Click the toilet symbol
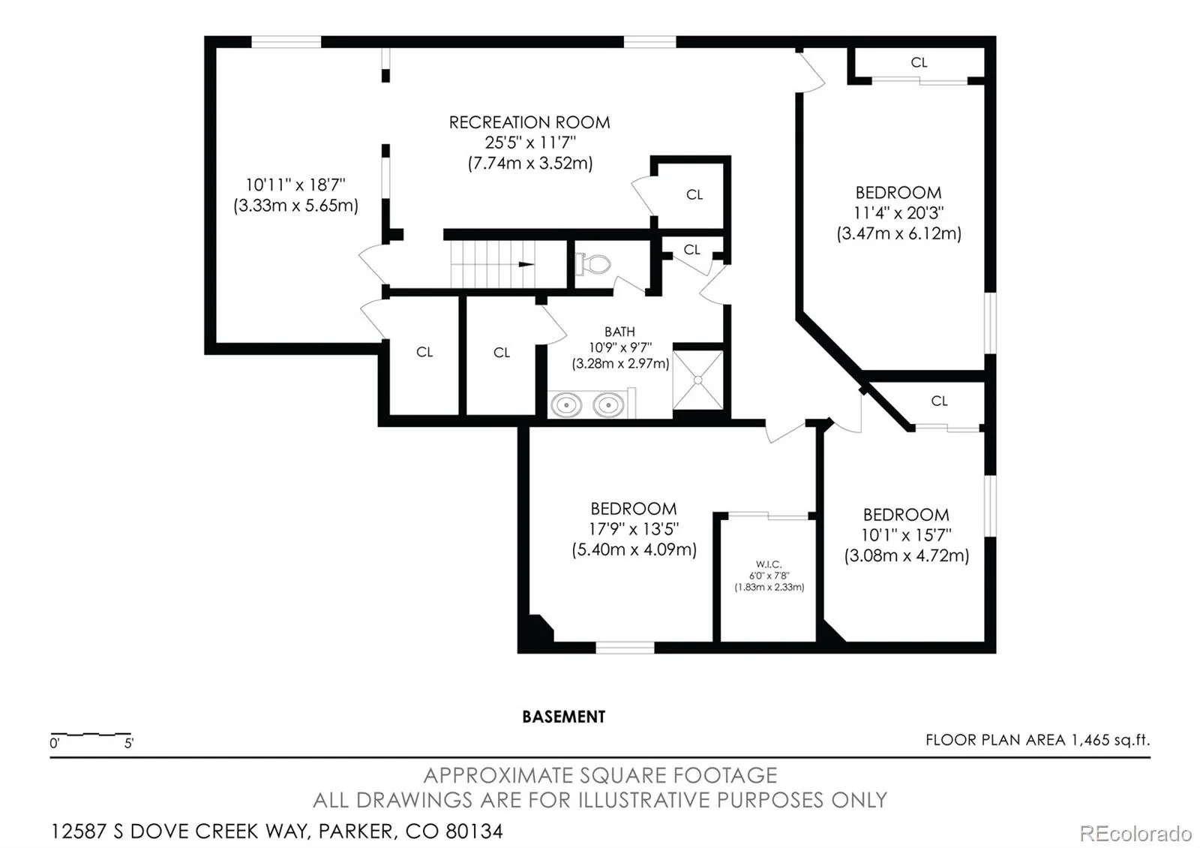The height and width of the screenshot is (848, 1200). (593, 263)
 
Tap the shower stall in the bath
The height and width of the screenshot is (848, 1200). (698, 380)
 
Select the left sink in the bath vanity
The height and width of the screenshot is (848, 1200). (566, 404)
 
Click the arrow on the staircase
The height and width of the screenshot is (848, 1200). (526, 264)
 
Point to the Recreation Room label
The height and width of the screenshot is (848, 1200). (529, 123)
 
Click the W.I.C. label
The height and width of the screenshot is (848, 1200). (769, 564)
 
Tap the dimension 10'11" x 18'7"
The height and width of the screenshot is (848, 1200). (295, 185)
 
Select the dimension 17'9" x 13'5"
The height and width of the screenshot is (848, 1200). (634, 529)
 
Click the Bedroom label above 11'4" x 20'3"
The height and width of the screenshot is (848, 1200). (898, 192)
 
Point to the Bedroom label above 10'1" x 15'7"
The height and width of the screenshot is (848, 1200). (906, 515)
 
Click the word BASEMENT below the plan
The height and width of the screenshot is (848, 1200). (563, 717)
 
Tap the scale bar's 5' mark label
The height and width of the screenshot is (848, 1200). (128, 744)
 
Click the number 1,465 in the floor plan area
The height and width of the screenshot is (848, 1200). (1090, 740)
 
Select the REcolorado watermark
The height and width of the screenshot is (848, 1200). (1135, 834)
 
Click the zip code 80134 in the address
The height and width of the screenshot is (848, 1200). (474, 831)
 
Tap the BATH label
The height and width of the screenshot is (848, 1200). (619, 332)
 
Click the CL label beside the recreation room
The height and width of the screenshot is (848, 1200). (694, 194)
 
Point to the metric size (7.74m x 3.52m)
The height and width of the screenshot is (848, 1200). (530, 163)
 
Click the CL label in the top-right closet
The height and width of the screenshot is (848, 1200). (919, 63)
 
